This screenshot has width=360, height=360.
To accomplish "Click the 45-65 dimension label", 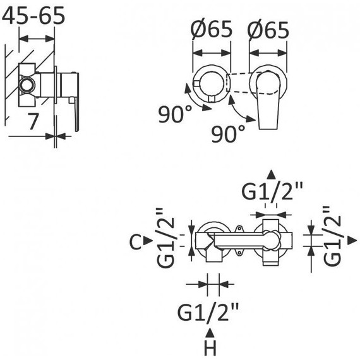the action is tap(33, 16).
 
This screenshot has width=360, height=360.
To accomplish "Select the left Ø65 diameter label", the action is tap(212, 29).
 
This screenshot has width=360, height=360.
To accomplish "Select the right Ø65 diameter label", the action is tap(268, 30).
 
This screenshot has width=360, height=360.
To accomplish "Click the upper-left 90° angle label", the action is tap(175, 114).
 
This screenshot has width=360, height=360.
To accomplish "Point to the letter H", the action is tap(210, 347).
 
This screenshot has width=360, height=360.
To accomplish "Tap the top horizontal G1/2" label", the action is tap(272, 191).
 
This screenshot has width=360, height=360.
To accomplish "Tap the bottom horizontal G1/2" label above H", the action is tap(208, 312).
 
